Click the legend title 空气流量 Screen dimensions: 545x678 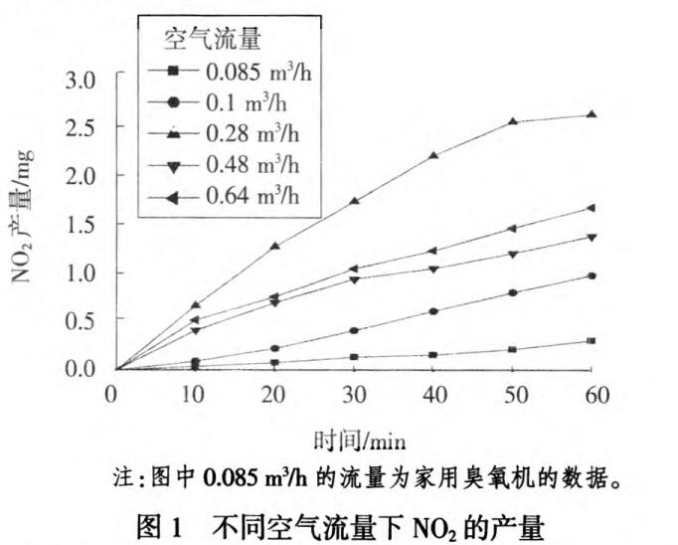click(x=211, y=40)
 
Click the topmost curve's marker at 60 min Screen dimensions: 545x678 click(x=593, y=114)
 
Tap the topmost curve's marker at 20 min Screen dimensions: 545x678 click(x=274, y=246)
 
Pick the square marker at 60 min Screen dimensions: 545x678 click(x=593, y=341)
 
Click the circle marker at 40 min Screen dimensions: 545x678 click(x=433, y=311)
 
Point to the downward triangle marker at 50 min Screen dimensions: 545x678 click(x=513, y=254)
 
